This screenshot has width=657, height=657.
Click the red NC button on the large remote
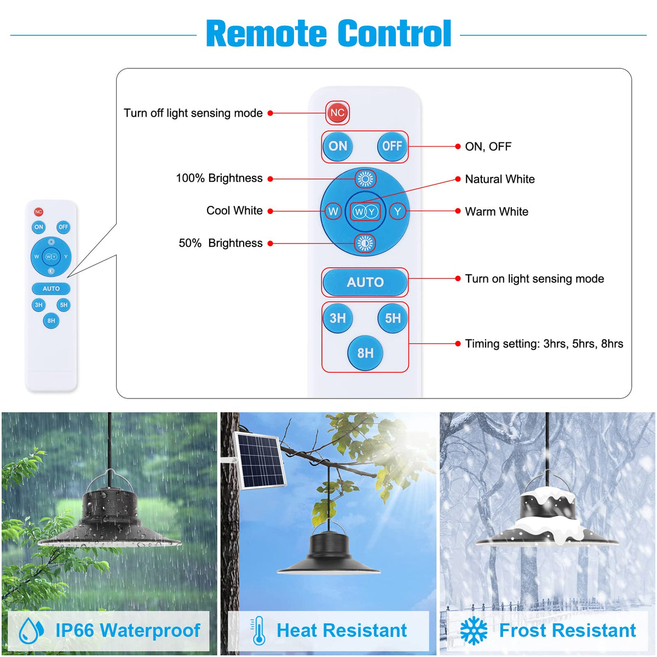coord(337,113)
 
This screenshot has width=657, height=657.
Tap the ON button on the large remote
coord(337,146)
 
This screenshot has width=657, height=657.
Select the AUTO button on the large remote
coord(365,283)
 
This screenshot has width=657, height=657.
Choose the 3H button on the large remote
coord(337,318)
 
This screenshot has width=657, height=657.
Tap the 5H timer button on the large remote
coord(393,318)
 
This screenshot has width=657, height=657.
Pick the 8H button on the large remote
coord(365,353)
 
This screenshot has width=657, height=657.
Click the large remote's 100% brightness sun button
coord(365,178)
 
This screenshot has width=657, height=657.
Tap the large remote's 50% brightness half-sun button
coord(365,243)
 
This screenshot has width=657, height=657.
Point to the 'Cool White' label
coord(234,211)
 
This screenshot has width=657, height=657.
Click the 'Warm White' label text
coord(497,212)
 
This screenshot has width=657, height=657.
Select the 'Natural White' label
coord(499,179)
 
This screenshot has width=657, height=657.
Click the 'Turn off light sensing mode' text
coord(193,113)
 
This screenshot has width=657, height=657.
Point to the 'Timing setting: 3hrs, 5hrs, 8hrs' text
coord(544,344)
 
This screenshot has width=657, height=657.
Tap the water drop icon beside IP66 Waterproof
coord(31,631)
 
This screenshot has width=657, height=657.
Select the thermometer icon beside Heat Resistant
coord(258,631)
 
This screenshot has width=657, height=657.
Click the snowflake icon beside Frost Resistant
coord(474,631)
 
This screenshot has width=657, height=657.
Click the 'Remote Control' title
coord(328,34)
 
